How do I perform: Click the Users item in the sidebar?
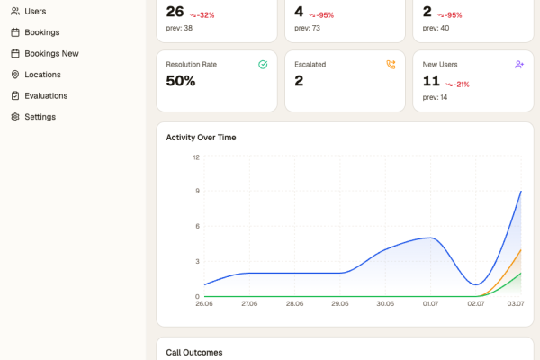28,12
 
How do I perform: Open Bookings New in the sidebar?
45,53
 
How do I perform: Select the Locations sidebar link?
36,75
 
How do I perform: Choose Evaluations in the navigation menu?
40,95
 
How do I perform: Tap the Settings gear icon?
15,117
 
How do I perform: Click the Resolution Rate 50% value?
181,81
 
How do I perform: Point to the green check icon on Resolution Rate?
263,65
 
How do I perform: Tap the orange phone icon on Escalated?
391,65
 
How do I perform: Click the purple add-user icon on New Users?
519,65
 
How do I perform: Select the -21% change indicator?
457,85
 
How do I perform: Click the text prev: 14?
435,97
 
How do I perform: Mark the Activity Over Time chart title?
201,138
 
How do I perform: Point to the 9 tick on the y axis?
197,191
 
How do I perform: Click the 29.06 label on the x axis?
340,303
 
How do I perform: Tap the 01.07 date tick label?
430,303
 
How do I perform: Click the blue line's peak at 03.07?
521,191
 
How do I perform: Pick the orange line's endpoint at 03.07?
521,250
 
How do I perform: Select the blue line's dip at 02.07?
476,284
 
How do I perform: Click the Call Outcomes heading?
194,353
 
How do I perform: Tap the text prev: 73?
307,28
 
